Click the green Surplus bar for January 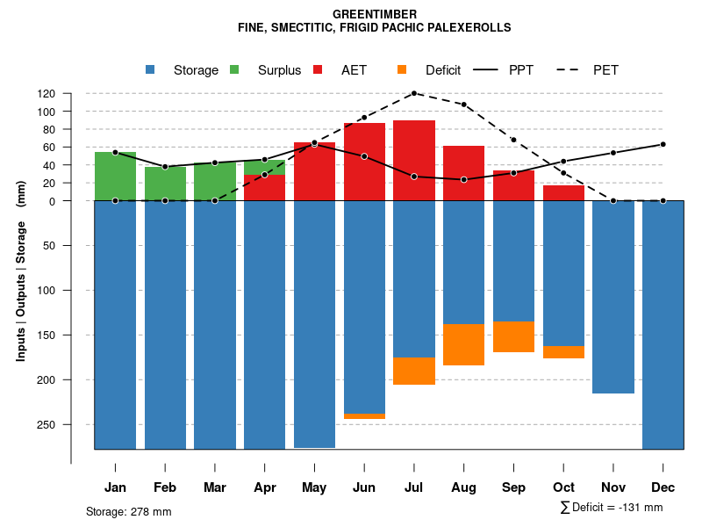pos(115,177)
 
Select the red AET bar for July pos(414,161)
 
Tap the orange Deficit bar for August pos(463,344)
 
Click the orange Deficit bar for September pos(513,336)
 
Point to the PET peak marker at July pos(414,93)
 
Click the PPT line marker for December pos(663,144)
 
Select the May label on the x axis pos(314,487)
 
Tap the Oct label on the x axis pos(563,487)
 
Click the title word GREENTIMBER pos(375,14)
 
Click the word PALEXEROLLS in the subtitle pos(470,27)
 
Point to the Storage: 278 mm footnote pos(129,511)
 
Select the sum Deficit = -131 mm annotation pos(611,508)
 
